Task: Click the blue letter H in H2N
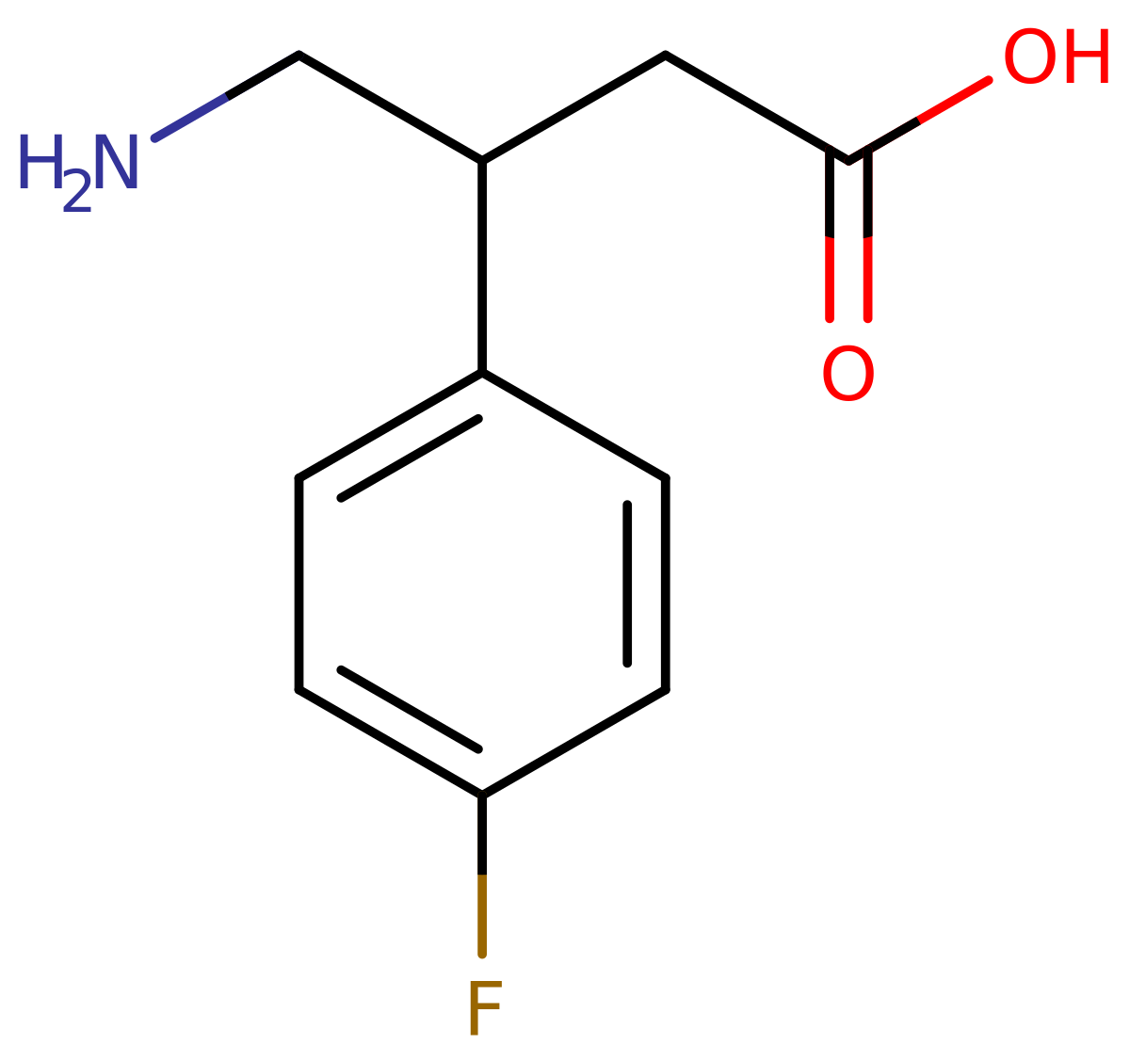pos(39,162)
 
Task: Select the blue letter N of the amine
pos(117,162)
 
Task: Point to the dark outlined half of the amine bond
pos(264,75)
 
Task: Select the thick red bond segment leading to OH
pos(954,100)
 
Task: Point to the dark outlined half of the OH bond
pos(885,137)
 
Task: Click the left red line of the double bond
pos(830,279)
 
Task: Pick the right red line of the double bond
pos(867,279)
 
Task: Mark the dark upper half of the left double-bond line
pos(830,193)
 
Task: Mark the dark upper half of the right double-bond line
pos(867,193)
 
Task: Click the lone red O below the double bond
pos(848,374)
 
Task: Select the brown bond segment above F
pos(482,915)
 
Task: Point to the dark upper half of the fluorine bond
pos(482,833)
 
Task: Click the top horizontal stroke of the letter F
pos(486,986)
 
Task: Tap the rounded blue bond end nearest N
pos(155,137)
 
